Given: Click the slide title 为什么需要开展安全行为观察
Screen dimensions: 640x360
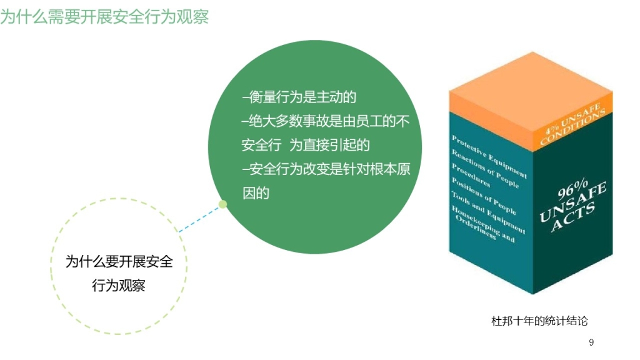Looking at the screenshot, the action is click(x=104, y=17).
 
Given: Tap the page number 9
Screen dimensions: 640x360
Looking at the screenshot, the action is click(x=591, y=342).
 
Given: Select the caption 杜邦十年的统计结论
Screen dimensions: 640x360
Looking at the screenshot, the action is click(x=539, y=321).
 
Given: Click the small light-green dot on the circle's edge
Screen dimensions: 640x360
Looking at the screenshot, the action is click(x=222, y=204).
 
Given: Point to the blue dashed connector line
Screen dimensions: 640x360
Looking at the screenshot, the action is click(x=199, y=219).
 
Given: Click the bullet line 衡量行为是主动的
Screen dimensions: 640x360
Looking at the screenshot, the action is click(x=299, y=97).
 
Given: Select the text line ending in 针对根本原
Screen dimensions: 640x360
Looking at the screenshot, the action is click(x=326, y=169).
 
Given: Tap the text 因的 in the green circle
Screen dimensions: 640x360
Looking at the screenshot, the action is click(x=256, y=193).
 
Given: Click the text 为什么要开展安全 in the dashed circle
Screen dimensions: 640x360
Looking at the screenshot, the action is click(x=119, y=262).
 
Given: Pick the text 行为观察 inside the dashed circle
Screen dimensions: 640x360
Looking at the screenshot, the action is click(x=119, y=285).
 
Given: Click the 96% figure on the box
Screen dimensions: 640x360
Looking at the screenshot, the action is click(x=572, y=189).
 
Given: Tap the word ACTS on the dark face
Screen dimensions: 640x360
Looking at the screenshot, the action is click(x=573, y=217).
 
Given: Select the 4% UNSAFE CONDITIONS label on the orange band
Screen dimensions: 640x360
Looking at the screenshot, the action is click(x=572, y=124).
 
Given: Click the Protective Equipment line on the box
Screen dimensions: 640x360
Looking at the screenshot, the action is click(x=489, y=157).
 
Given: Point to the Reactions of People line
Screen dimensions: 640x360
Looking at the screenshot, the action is click(x=485, y=169).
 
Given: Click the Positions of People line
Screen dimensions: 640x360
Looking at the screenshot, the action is click(x=484, y=196).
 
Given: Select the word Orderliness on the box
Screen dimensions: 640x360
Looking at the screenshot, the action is click(x=476, y=227).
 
